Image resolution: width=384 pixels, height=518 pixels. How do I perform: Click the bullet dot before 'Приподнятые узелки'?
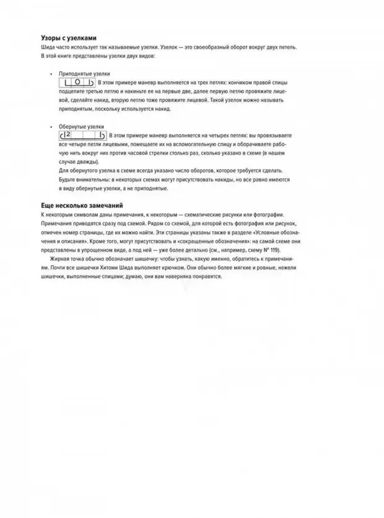click(51, 74)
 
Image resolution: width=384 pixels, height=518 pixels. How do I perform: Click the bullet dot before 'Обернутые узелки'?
click(51, 126)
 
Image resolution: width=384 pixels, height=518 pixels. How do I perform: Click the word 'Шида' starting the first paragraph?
click(46, 47)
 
